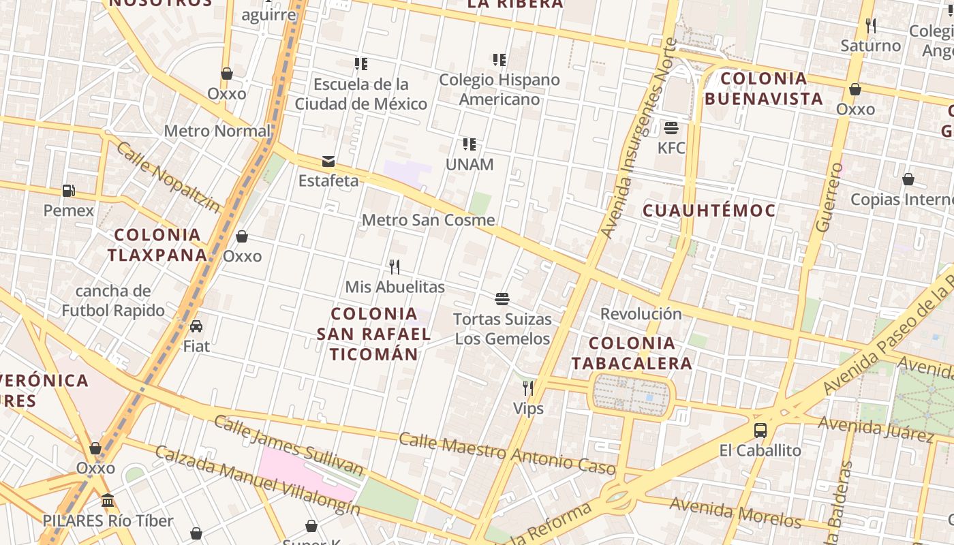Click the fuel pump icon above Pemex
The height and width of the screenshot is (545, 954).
(x=68, y=191)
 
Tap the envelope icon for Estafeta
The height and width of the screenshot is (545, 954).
(x=328, y=161)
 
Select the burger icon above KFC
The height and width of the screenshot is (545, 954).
(x=671, y=128)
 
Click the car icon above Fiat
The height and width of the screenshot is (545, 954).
(x=196, y=326)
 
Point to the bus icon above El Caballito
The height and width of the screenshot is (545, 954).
(x=760, y=431)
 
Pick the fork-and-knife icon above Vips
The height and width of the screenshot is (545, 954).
(x=528, y=388)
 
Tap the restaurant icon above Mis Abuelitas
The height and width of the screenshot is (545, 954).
(x=394, y=266)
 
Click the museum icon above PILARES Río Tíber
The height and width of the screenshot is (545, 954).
(x=108, y=501)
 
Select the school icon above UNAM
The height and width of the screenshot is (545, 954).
(x=469, y=144)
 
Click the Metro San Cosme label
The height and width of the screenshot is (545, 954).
(x=428, y=220)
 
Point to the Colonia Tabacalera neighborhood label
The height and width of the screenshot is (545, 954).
(x=631, y=353)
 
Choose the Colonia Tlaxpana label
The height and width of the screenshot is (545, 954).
(x=157, y=245)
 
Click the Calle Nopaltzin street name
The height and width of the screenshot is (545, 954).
(x=168, y=176)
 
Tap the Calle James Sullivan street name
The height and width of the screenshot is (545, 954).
(x=289, y=444)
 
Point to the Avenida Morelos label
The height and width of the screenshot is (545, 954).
(x=735, y=512)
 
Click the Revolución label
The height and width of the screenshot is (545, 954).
(x=641, y=314)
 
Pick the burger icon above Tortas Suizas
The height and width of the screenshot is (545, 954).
(x=502, y=298)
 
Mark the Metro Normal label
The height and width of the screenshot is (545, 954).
(x=217, y=131)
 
